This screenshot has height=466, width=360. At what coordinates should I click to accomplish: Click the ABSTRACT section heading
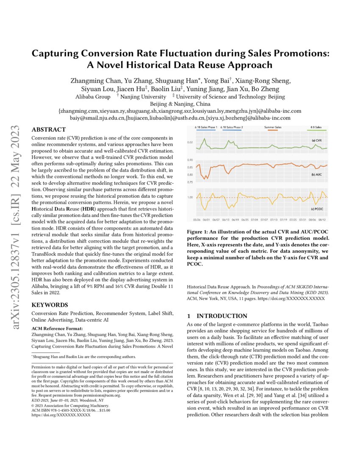click(x=49, y=129)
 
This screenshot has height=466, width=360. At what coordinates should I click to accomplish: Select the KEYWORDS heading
click(x=50, y=305)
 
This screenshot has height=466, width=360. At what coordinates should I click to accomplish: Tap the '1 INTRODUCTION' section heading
click(x=217, y=316)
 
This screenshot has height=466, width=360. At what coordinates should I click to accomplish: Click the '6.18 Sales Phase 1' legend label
click(x=206, y=127)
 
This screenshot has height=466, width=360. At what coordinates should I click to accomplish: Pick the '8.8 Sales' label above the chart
click(x=316, y=127)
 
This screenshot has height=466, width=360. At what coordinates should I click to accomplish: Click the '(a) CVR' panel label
click(x=317, y=140)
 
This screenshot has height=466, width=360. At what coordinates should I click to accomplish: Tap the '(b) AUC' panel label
click(x=317, y=174)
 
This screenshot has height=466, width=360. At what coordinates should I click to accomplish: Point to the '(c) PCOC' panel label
click(x=316, y=208)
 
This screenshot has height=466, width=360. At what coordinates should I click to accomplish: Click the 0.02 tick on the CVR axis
click(x=190, y=143)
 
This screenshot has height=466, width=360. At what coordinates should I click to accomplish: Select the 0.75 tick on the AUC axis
click(x=190, y=182)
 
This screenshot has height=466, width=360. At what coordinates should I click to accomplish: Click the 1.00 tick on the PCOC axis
click(x=190, y=197)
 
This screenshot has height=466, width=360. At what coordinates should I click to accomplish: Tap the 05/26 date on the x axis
click(x=197, y=220)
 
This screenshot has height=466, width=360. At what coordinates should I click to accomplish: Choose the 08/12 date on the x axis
click(x=322, y=220)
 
